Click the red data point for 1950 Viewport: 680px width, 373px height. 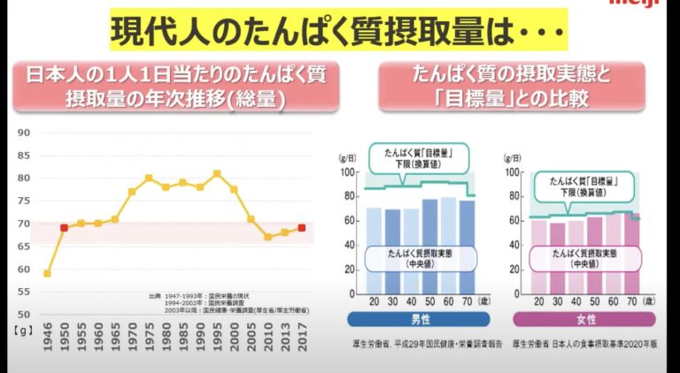coord(64,228)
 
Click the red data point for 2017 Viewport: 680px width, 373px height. coord(302,228)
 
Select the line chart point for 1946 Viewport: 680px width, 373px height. coord(47,273)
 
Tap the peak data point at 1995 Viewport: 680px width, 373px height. coord(217,173)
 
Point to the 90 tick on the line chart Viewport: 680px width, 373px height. coord(24,133)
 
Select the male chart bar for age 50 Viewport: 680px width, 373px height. coord(429,248)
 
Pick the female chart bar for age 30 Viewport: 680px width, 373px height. coord(557,260)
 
